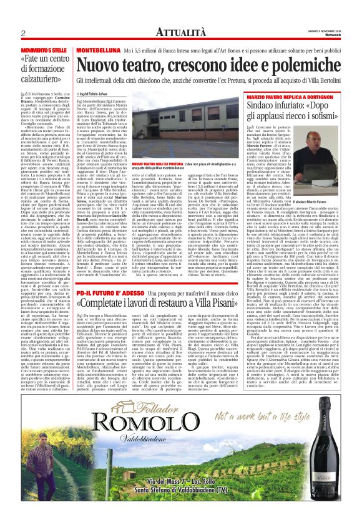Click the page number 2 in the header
[22, 33]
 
